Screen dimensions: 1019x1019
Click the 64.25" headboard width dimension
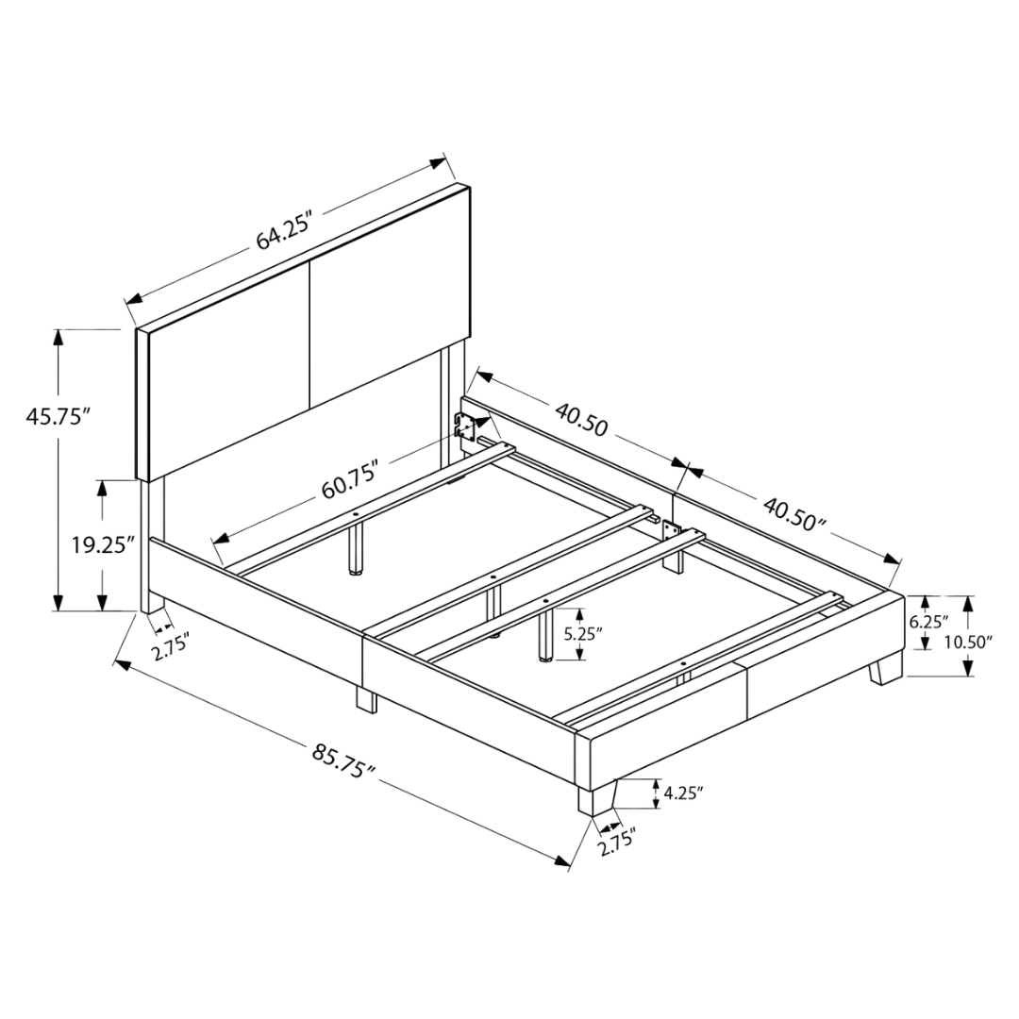286,230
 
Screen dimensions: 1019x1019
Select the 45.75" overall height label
57,416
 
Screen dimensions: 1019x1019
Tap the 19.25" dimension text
103,544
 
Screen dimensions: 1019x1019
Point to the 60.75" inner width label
350,479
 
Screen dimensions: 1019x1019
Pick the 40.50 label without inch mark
581,419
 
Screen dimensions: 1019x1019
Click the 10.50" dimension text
968,643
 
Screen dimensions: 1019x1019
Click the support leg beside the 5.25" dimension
545,637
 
